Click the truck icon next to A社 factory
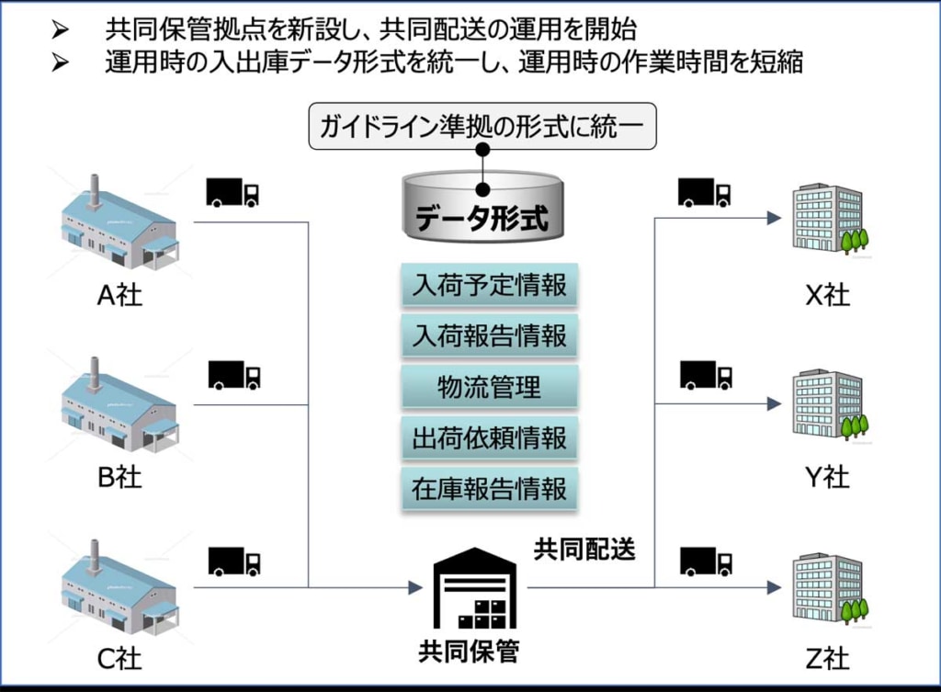click(232, 192)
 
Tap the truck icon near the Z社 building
click(706, 561)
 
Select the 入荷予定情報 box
click(489, 285)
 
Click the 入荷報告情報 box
click(489, 336)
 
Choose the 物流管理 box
click(489, 387)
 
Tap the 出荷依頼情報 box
click(489, 438)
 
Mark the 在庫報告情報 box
click(489, 489)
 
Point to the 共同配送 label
click(584, 549)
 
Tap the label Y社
click(827, 477)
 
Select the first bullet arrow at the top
click(61, 29)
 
